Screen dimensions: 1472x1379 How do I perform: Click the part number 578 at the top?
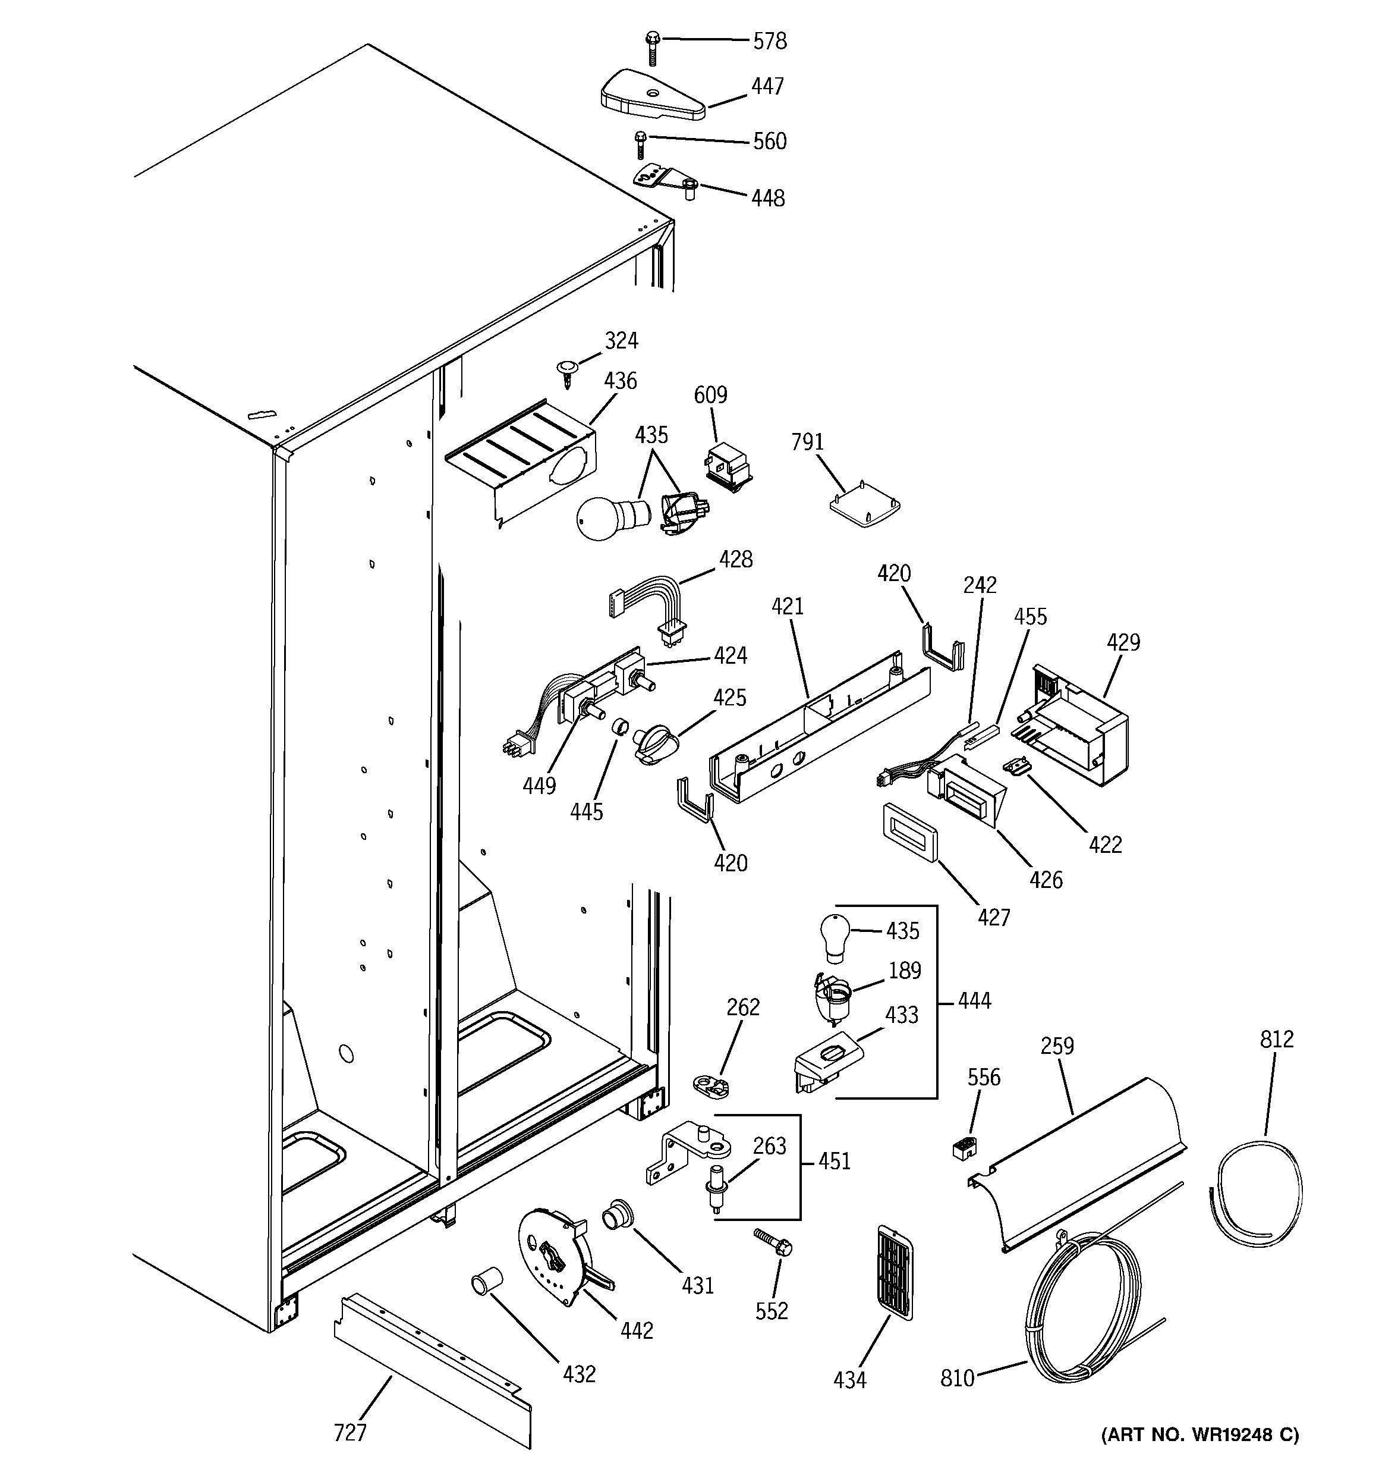[x=769, y=42]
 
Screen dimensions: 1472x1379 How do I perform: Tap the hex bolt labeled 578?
[x=652, y=46]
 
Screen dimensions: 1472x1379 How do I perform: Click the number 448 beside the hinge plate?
[x=767, y=199]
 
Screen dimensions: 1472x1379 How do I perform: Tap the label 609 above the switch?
[x=710, y=395]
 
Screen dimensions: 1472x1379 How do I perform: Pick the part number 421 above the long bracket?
[x=787, y=607]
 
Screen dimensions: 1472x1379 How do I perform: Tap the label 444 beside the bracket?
[x=974, y=1001]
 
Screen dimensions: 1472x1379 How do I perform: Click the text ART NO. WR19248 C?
[x=1200, y=1436]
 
